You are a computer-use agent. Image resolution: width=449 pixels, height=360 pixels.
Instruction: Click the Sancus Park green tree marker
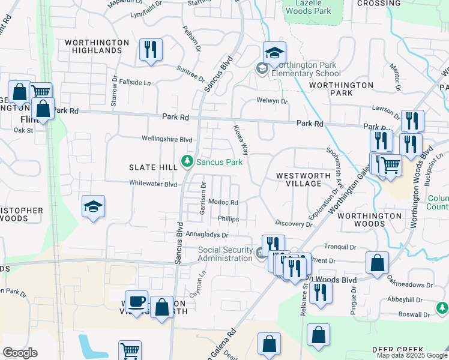188,161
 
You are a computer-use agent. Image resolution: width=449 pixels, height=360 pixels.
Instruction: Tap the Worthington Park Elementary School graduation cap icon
274,54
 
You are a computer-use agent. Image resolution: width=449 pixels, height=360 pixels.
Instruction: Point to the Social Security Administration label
226,254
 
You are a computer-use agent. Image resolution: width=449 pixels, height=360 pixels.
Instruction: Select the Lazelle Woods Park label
308,7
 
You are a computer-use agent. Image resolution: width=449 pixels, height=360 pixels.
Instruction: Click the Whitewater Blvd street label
154,184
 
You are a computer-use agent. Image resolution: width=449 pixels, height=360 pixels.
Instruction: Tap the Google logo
20,353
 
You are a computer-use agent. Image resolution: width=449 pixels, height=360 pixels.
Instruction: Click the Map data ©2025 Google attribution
412,355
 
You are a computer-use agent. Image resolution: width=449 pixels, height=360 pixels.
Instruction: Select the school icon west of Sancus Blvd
93,208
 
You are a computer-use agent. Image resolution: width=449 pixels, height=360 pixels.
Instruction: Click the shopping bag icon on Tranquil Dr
376,264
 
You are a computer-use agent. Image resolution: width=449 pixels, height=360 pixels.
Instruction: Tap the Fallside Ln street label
134,82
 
